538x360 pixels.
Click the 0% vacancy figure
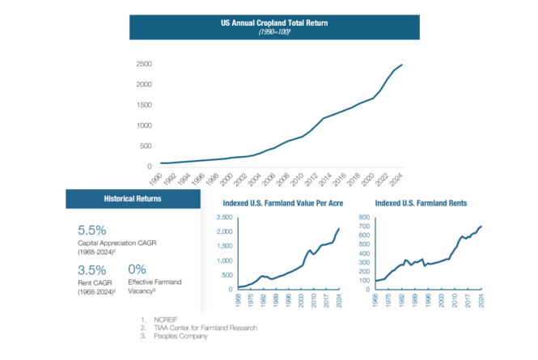click(x=137, y=269)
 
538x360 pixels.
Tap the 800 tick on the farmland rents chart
click(x=363, y=218)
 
